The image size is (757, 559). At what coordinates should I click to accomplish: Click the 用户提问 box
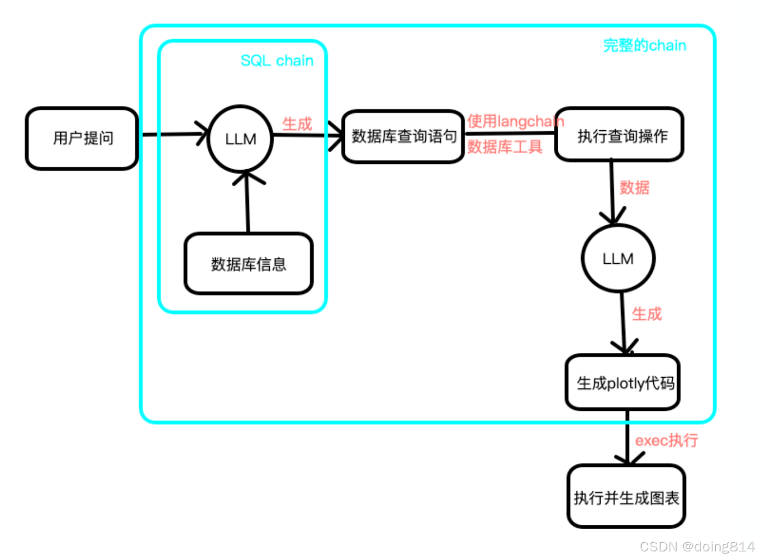click(x=82, y=138)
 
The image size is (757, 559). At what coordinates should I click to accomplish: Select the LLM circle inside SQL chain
click(x=240, y=139)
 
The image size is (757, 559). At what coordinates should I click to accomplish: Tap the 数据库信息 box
click(x=249, y=264)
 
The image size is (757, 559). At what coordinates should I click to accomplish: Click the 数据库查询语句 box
click(x=403, y=136)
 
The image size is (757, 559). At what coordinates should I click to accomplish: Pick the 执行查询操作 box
click(x=620, y=135)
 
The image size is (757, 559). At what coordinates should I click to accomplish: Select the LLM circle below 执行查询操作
click(x=618, y=258)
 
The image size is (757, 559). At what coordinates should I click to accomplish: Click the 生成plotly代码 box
click(x=623, y=383)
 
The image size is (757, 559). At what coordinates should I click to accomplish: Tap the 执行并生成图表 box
click(x=626, y=497)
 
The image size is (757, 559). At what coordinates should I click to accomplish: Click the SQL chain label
click(x=277, y=60)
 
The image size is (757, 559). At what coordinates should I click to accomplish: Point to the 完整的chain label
click(x=645, y=46)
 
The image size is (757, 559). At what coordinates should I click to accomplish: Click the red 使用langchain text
click(x=515, y=121)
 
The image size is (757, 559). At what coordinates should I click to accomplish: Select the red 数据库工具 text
click(x=504, y=147)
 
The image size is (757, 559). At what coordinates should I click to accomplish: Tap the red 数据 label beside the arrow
click(x=634, y=188)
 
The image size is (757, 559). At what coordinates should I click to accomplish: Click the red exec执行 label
click(x=666, y=440)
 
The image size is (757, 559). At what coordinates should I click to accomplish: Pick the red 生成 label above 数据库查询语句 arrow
click(x=297, y=124)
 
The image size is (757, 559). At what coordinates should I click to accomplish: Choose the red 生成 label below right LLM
click(x=646, y=314)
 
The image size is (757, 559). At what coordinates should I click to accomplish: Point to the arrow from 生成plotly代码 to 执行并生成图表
click(x=628, y=437)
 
